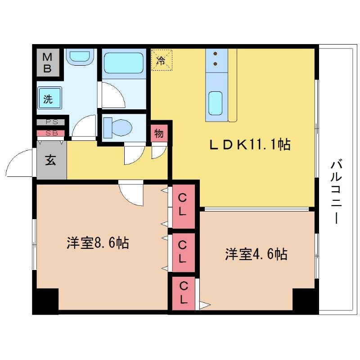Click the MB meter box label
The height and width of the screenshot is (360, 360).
click(x=47, y=63)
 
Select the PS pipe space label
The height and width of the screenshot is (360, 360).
click(x=51, y=122)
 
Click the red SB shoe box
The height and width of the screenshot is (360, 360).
click(x=51, y=133)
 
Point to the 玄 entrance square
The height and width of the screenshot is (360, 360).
click(x=51, y=161)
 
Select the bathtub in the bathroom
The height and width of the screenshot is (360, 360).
click(x=123, y=63)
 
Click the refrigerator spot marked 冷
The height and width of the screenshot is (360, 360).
click(x=161, y=60)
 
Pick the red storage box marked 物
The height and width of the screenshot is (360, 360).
click(x=159, y=134)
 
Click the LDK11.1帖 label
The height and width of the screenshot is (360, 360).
click(x=250, y=144)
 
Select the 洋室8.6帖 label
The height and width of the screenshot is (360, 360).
click(x=98, y=243)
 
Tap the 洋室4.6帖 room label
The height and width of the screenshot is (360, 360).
click(x=256, y=254)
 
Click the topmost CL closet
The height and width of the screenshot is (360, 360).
click(x=183, y=205)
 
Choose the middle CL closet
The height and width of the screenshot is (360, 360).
click(x=183, y=252)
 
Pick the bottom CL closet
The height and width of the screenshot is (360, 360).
click(x=183, y=292)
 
